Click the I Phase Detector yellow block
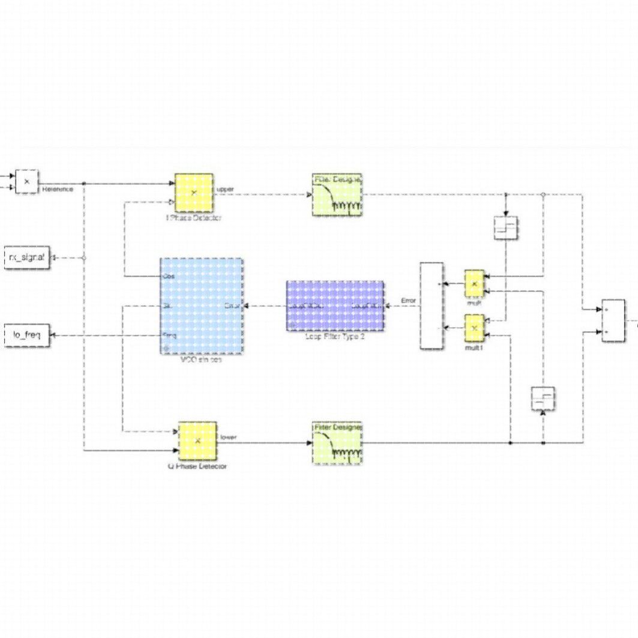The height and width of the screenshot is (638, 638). pyautogui.click(x=194, y=193)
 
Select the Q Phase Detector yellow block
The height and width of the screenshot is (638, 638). pyautogui.click(x=197, y=441)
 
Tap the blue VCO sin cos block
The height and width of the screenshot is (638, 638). pyautogui.click(x=201, y=306)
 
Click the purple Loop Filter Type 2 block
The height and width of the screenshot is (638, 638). pyautogui.click(x=335, y=305)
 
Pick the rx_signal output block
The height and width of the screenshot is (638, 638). pyautogui.click(x=26, y=257)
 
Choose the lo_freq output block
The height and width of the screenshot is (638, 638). pyautogui.click(x=26, y=335)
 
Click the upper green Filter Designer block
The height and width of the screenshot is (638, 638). pyautogui.click(x=337, y=194)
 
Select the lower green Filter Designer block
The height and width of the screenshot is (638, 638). pyautogui.click(x=337, y=443)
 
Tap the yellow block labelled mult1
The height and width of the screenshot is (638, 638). pyautogui.click(x=474, y=328)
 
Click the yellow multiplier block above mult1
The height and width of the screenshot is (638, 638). pyautogui.click(x=474, y=283)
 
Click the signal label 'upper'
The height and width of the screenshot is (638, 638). pyautogui.click(x=226, y=189)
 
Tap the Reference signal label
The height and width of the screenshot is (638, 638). pyautogui.click(x=58, y=189)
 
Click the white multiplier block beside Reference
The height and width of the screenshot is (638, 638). pyautogui.click(x=26, y=181)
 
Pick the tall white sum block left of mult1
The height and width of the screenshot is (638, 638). pyautogui.click(x=432, y=305)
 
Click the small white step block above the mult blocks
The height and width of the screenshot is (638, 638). pyautogui.click(x=506, y=228)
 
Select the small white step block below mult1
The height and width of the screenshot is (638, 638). pyautogui.click(x=543, y=399)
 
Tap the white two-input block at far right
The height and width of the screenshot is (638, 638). pyautogui.click(x=613, y=321)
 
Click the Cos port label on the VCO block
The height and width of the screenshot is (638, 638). pyautogui.click(x=169, y=277)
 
